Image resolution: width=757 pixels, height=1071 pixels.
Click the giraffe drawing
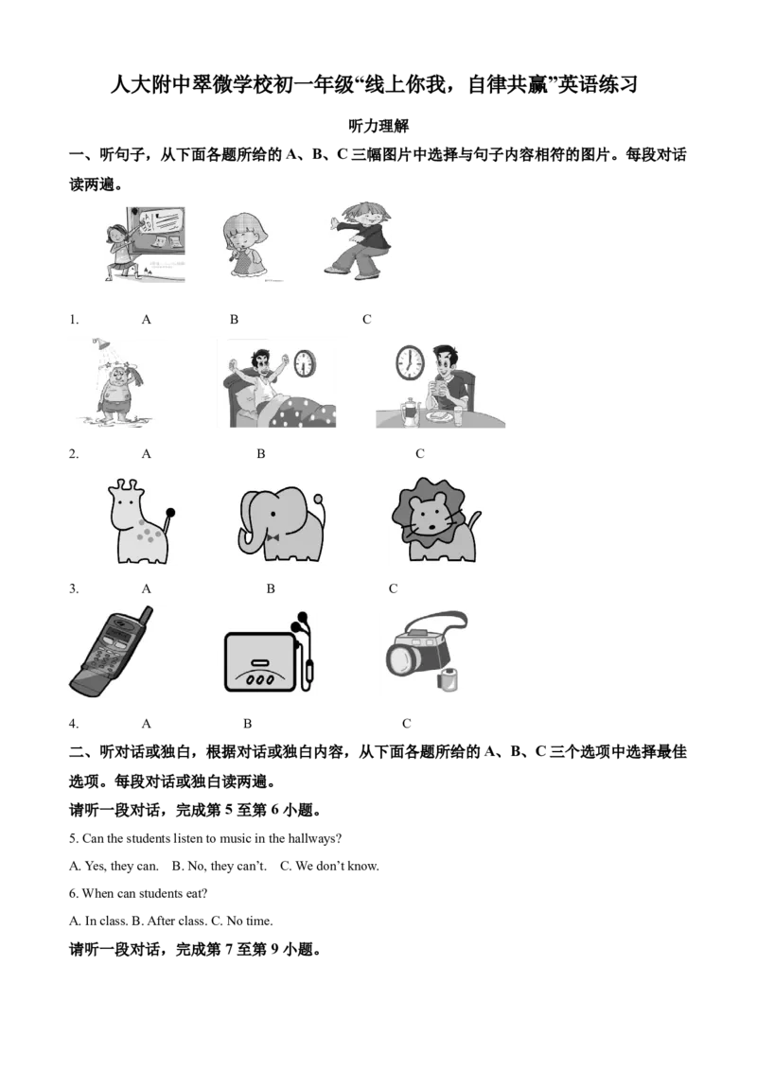(140, 522)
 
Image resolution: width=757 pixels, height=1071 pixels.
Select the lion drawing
(433, 520)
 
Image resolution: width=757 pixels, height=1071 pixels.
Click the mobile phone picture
(112, 652)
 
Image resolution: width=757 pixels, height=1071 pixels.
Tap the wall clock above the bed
(305, 363)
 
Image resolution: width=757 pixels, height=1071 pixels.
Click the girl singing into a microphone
(244, 245)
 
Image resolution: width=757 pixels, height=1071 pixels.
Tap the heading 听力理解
(378, 126)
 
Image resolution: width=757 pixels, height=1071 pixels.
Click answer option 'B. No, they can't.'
(220, 866)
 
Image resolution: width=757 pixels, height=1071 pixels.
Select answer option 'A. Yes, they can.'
(114, 866)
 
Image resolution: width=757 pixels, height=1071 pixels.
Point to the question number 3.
(73, 588)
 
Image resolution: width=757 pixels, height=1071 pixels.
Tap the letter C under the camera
(407, 724)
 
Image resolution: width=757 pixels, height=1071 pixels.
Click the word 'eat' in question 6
(194, 893)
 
